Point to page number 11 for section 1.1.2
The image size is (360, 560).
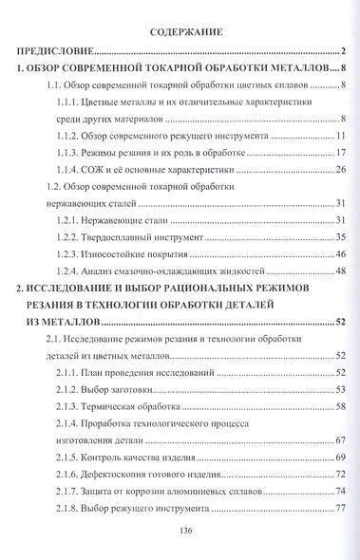[338, 136]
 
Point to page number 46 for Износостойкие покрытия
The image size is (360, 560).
[338, 255]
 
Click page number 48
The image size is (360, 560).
[338, 271]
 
